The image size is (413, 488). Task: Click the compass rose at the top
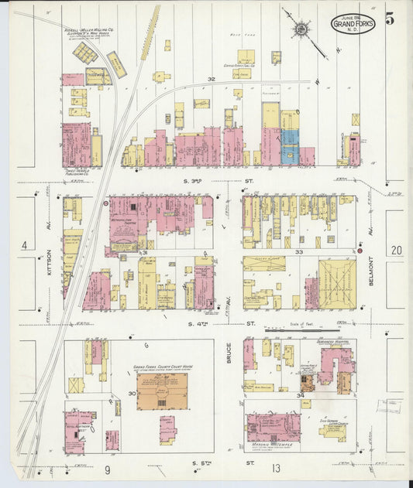[301, 29]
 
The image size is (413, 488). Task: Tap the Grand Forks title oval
[353, 24]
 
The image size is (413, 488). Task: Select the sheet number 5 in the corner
[390, 19]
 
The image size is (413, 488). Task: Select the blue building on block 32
[289, 146]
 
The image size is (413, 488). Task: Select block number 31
[143, 253]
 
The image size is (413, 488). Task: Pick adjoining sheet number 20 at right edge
[396, 250]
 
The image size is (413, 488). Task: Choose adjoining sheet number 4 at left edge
[24, 246]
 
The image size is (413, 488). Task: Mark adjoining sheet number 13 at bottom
[275, 469]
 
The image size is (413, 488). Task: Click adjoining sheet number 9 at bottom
[108, 469]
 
